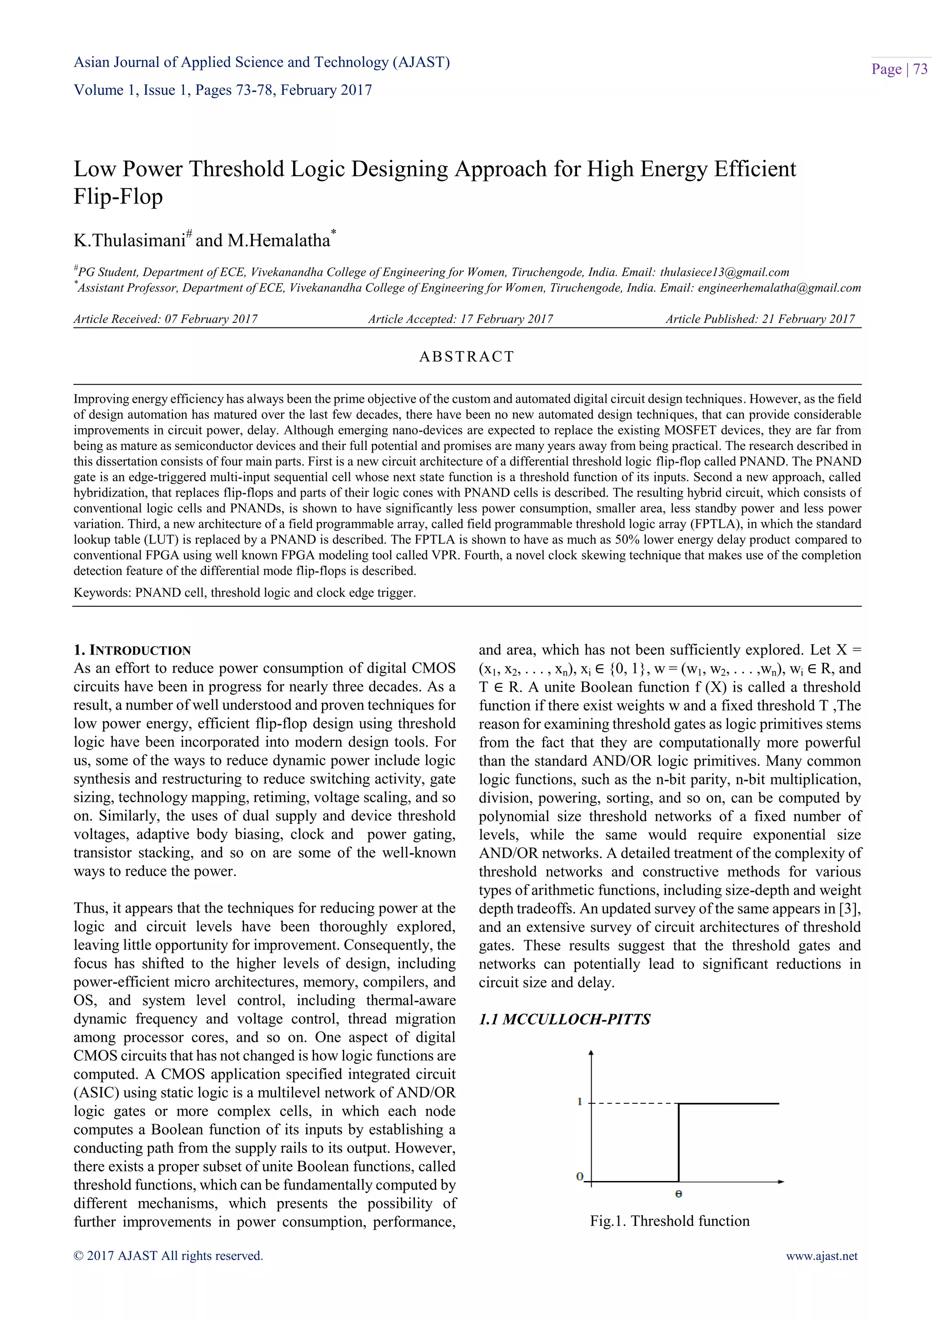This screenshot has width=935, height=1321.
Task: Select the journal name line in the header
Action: (262, 62)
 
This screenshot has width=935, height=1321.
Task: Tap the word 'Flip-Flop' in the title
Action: (118, 197)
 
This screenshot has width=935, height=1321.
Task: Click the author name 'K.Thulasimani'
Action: (129, 240)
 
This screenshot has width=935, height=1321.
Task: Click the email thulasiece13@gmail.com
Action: (724, 272)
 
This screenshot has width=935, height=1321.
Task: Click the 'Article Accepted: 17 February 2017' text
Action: (460, 319)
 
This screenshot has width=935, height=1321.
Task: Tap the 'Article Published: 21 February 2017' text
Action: (760, 319)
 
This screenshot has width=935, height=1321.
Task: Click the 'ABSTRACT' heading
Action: (466, 357)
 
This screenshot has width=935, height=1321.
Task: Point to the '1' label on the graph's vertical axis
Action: (580, 1101)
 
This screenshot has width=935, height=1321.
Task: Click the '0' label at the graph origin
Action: (580, 1176)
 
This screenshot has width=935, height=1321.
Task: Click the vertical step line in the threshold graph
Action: (679, 1142)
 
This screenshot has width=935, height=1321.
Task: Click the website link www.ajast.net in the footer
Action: (822, 1255)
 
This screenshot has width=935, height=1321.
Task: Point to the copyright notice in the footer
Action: (168, 1255)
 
